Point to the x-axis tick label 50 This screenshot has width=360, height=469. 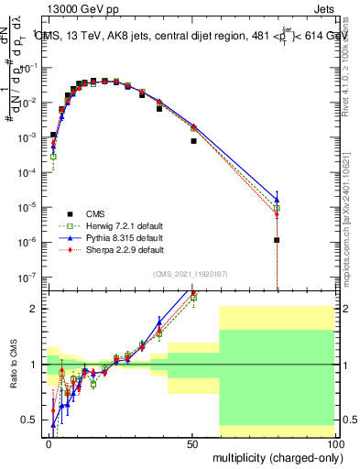click(x=192, y=442)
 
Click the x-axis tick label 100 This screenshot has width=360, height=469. click(x=334, y=442)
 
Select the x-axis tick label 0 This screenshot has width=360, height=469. click(x=49, y=442)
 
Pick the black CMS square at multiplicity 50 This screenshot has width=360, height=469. click(x=193, y=141)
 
